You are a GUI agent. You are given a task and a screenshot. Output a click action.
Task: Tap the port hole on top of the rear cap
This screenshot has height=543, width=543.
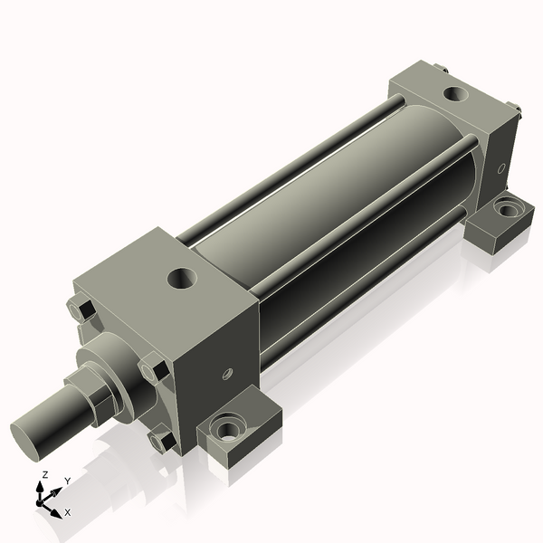pos(454,92)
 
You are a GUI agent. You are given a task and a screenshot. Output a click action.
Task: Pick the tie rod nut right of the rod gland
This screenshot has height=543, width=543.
pos(155,371)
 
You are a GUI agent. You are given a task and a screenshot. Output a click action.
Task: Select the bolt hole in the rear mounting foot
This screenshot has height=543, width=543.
pos(510,209)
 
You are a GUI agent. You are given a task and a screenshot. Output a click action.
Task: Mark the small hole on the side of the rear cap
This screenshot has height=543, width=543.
pos(500,167)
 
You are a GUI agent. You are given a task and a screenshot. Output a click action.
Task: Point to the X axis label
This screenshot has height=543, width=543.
pos(67,512)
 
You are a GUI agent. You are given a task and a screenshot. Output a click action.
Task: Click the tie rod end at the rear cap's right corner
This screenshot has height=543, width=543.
pos(519,111)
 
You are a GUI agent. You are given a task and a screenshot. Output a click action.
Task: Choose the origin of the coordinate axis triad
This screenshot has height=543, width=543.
pos(40,500)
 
